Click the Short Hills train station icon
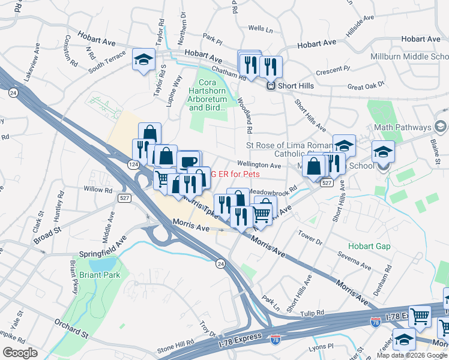[271, 86]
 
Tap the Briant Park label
[99, 275]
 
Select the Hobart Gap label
[369, 247]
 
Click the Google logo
[20, 352]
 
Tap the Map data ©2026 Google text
[412, 355]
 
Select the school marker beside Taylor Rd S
[143, 61]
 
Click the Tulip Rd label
[312, 313]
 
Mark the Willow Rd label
[98, 190]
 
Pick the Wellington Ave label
[259, 165]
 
